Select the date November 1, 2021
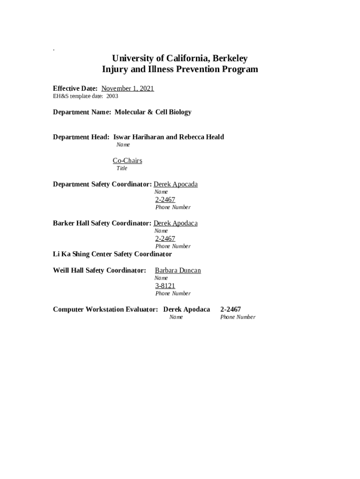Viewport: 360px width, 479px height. tap(128, 88)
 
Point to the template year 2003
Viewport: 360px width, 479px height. tap(112, 96)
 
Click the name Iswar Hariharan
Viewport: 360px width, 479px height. tap(138, 137)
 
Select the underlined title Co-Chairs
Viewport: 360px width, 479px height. tap(127, 161)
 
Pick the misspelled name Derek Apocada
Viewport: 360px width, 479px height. tap(175, 184)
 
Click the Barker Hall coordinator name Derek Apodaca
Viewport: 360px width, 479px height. tap(175, 223)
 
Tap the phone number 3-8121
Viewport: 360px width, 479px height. tap(165, 286)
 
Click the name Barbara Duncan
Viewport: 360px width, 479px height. tap(178, 270)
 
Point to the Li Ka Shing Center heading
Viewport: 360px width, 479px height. tap(112, 254)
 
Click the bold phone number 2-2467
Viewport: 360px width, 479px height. tap(230, 309)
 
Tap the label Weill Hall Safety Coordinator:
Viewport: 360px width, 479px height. tap(100, 270)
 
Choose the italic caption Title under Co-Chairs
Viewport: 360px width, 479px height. tap(122, 168)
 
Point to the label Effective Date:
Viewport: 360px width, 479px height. tap(75, 88)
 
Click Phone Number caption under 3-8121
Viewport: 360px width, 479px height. tap(173, 294)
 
